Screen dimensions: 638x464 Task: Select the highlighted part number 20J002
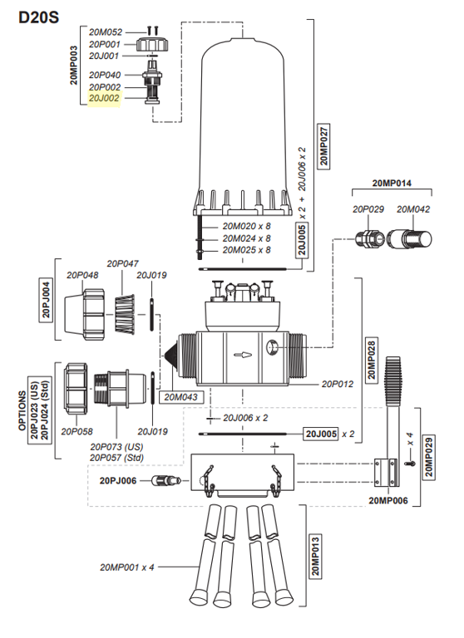[105, 98]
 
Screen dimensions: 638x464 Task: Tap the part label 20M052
[105, 32]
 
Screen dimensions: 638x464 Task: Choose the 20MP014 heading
[392, 182]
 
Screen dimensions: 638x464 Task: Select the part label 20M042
[412, 209]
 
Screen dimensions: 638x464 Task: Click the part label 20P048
[83, 275]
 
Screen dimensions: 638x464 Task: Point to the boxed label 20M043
[180, 397]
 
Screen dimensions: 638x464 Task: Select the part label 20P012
[338, 384]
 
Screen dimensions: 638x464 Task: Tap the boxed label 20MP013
[315, 556]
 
